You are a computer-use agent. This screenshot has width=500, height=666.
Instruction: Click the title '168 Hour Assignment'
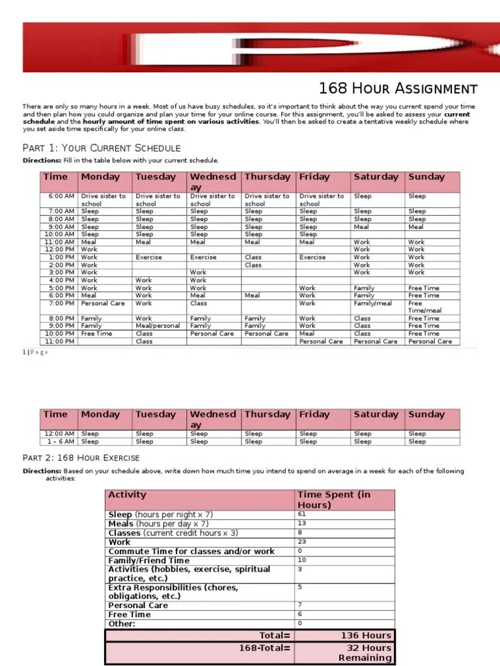[x=398, y=88]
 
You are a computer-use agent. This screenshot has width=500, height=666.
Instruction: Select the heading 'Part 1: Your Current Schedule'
[x=102, y=148]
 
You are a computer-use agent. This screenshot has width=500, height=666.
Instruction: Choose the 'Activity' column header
[x=128, y=495]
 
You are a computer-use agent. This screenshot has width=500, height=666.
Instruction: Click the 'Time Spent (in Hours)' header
[x=333, y=499]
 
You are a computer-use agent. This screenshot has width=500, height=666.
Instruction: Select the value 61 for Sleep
[x=302, y=514]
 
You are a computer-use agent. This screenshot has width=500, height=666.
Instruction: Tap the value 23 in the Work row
[x=302, y=542]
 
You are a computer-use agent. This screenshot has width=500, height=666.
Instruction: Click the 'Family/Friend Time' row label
[x=149, y=560]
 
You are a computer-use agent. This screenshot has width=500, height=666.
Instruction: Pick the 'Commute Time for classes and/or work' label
[x=191, y=551]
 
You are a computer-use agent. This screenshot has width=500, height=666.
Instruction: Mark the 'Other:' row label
[x=122, y=624]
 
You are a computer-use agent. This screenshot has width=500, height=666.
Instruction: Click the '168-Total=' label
[x=266, y=648]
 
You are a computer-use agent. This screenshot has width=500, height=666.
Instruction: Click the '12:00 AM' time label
[x=60, y=434]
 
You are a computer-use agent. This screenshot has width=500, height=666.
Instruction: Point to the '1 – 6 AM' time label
[x=61, y=442]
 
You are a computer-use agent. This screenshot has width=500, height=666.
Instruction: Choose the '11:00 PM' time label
[x=60, y=341]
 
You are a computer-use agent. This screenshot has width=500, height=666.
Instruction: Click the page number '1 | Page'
[x=35, y=352]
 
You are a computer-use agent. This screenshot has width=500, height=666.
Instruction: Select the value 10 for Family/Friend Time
[x=302, y=560]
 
